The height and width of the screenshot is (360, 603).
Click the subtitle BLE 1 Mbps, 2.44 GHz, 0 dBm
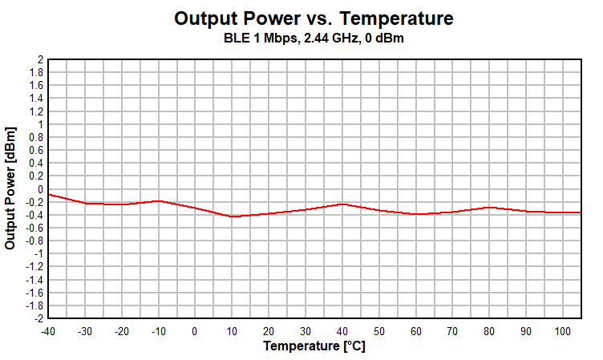(x=314, y=38)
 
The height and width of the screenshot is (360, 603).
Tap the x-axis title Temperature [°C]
(x=314, y=346)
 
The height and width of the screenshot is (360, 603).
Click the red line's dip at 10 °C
(x=232, y=216)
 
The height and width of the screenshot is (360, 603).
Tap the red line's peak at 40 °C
(x=342, y=204)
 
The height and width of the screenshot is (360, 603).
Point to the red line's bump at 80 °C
(x=488, y=208)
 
